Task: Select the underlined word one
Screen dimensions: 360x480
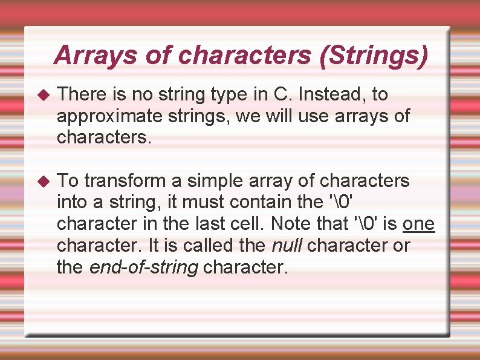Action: pyautogui.click(x=419, y=224)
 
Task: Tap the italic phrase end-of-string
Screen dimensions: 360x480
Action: pyautogui.click(x=144, y=267)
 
